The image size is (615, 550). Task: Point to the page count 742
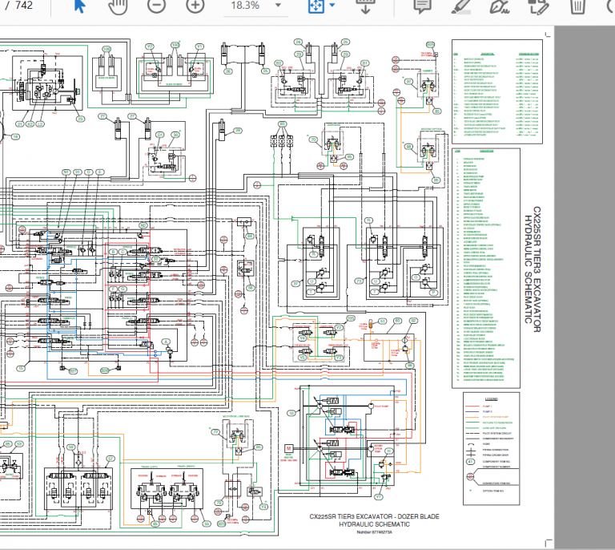pos(24,6)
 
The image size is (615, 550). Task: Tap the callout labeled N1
pos(66,172)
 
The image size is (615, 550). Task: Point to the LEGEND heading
pos(491,398)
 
